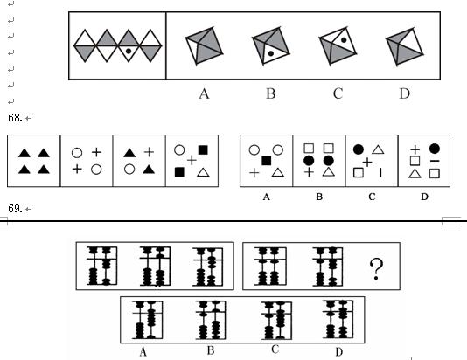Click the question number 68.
(15, 118)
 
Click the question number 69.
(15, 209)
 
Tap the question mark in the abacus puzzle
(376, 269)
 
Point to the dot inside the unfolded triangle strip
(129, 51)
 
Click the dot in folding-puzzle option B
(271, 53)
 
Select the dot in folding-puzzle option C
(344, 40)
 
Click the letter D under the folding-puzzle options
(404, 93)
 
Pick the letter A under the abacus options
(143, 352)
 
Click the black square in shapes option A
(266, 161)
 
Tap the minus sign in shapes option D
(435, 161)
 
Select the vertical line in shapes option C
(380, 172)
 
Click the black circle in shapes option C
(359, 149)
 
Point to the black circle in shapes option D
(435, 149)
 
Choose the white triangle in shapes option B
(328, 172)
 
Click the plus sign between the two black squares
(192, 161)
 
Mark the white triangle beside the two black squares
(203, 172)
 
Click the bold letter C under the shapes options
(372, 197)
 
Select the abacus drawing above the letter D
(338, 320)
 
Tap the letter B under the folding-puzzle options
(271, 93)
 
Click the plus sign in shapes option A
(254, 172)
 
